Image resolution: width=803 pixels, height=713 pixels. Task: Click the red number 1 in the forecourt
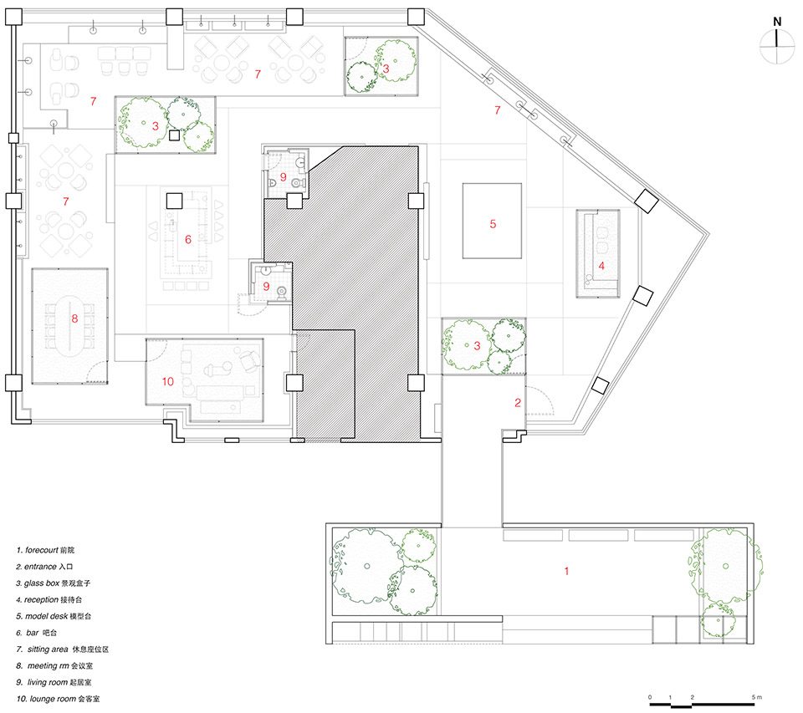[566, 571]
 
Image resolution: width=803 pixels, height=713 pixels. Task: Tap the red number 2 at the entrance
[518, 403]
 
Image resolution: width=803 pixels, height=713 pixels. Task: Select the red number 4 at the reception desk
[601, 266]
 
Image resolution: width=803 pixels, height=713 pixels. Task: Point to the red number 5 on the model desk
[493, 224]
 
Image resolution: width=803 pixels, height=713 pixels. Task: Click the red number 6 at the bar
[188, 239]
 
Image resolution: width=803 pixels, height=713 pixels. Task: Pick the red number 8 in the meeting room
[74, 318]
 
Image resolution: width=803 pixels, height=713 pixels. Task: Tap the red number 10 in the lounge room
[168, 381]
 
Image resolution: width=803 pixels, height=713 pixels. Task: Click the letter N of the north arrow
[777, 22]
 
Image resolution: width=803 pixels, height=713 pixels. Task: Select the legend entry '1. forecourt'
[45, 550]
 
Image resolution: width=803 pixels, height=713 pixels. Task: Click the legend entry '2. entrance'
[44, 567]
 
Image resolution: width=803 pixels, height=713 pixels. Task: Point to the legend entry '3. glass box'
[54, 583]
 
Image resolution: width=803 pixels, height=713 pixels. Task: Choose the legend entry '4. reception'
[49, 599]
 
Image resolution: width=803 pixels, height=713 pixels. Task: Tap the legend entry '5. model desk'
[54, 616]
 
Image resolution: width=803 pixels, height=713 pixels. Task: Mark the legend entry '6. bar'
[36, 633]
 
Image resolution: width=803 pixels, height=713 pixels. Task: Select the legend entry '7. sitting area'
[63, 649]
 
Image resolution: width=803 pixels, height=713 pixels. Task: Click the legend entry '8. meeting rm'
[54, 666]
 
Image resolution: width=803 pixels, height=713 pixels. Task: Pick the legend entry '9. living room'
[54, 682]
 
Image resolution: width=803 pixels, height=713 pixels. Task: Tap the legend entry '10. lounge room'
[58, 699]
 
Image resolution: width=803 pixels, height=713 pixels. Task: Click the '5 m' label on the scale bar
[757, 697]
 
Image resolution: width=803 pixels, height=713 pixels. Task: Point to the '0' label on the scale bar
[650, 697]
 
